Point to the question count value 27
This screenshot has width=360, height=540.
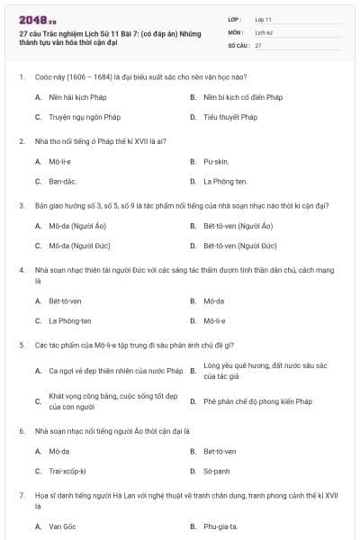(x=258, y=44)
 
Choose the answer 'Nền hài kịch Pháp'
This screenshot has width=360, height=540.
(x=73, y=96)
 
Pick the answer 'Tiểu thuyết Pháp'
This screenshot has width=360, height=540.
(x=230, y=116)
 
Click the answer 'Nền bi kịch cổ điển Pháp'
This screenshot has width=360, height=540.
(x=243, y=96)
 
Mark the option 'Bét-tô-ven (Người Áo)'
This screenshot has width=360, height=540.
(x=238, y=226)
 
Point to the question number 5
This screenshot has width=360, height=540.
(x=22, y=344)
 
